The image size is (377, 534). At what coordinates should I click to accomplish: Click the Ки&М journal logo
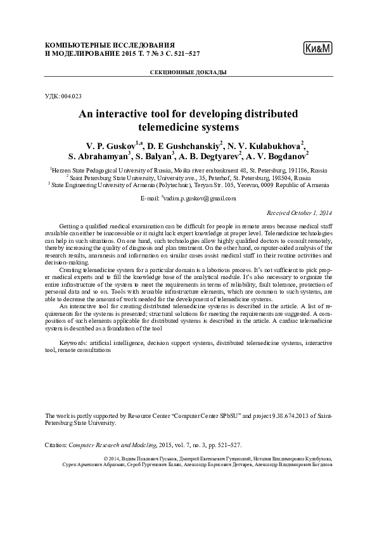(x=318, y=48)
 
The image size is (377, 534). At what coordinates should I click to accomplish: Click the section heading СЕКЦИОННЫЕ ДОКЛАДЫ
(x=188, y=73)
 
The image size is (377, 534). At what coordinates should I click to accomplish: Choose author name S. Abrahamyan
(x=97, y=155)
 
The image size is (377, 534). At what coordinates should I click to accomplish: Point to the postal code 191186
(x=284, y=171)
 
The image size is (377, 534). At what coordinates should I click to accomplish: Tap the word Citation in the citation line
(x=55, y=446)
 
